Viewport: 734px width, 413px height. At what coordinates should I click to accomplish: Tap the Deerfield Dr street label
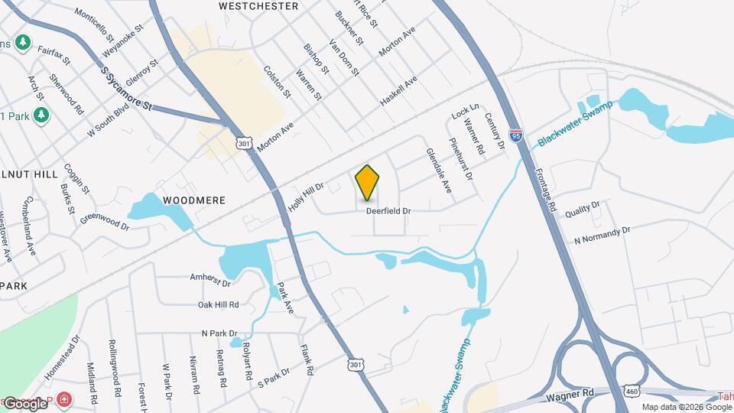[x=388, y=210]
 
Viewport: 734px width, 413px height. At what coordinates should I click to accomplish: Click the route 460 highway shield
[x=632, y=391]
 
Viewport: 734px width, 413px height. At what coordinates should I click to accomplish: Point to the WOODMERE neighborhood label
[x=194, y=200]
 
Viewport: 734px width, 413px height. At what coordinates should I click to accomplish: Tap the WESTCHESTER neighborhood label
[x=258, y=6]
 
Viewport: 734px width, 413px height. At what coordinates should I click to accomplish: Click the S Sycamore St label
[x=127, y=89]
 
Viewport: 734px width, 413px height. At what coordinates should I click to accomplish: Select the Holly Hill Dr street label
[x=307, y=197]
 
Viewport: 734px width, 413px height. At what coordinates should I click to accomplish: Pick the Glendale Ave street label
[x=439, y=170]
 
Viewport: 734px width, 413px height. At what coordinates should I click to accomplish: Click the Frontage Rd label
[x=547, y=190]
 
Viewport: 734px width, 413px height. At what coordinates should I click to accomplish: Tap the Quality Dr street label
[x=583, y=210]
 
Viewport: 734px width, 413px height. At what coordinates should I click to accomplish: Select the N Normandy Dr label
[x=602, y=235]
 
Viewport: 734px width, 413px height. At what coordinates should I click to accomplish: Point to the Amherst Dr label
[x=210, y=279]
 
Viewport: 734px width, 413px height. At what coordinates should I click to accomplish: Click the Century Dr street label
[x=495, y=130]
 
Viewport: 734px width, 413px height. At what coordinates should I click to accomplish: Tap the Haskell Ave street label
[x=399, y=91]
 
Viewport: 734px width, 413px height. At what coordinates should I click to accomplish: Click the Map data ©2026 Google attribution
[x=686, y=407]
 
